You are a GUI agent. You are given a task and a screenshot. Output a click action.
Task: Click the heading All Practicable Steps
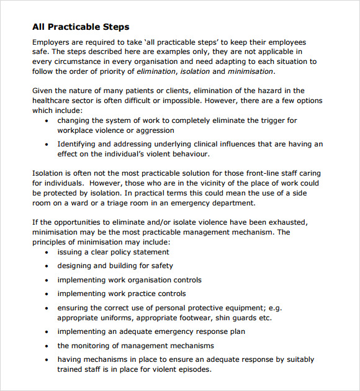(81, 27)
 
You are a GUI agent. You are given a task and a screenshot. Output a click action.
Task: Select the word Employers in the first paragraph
(52, 42)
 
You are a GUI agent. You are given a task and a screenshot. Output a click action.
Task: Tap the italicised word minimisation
(251, 71)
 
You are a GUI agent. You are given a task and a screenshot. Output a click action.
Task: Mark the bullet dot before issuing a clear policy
(47, 253)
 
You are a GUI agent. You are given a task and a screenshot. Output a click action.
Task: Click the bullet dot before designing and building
(47, 266)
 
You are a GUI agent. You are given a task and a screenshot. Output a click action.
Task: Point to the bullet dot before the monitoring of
(47, 346)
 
